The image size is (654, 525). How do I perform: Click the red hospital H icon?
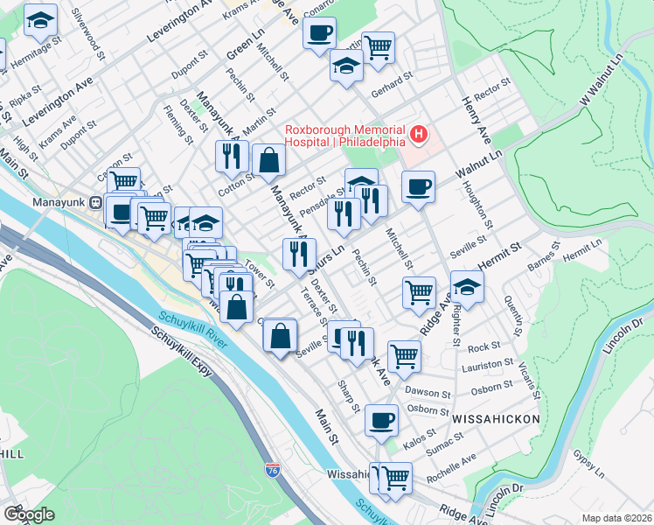[x=420, y=135]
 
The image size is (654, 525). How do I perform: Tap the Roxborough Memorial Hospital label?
[x=344, y=134]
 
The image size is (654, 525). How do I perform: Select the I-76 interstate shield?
[x=274, y=470]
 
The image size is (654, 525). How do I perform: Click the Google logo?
[x=29, y=514]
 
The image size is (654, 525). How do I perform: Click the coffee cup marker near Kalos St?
[x=381, y=420]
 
